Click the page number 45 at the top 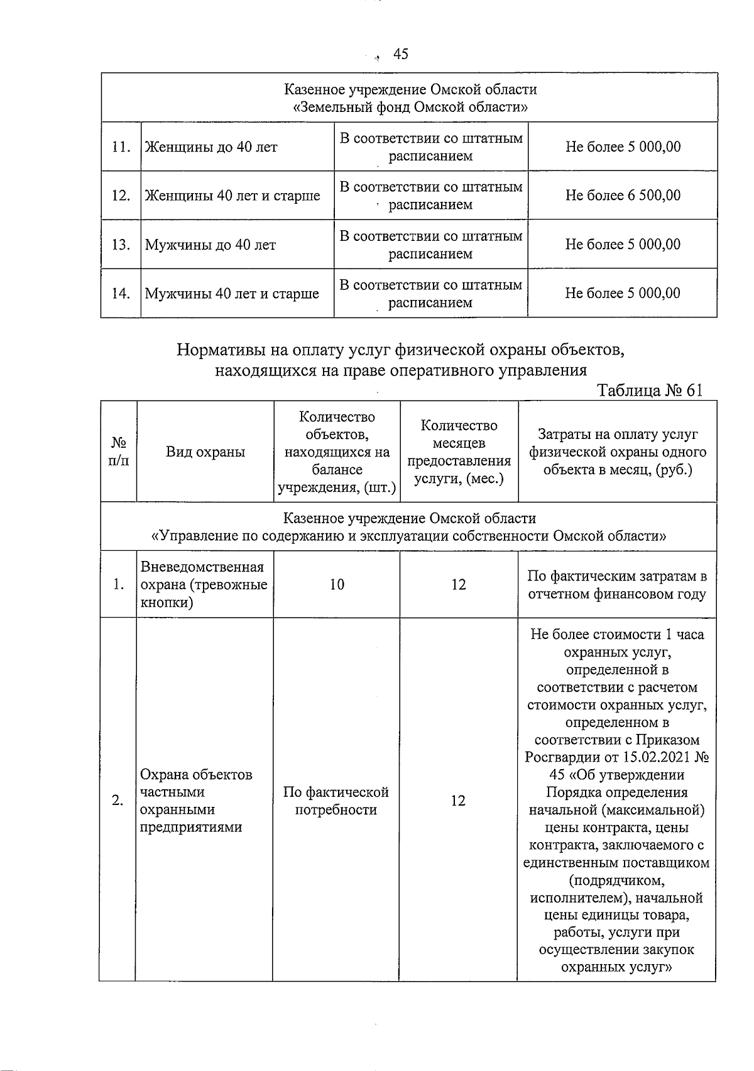point(400,55)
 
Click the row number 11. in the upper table point(121,147)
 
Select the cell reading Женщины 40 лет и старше point(232,196)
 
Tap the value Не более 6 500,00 point(623,196)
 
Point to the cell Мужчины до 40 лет point(210,245)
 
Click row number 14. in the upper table point(121,294)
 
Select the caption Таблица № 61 point(649,390)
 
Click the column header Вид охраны point(205,452)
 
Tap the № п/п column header point(118,452)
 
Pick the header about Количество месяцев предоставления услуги point(459,452)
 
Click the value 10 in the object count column point(337,585)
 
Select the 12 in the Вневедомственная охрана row point(459,585)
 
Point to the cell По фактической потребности point(336,801)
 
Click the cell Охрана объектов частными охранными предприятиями point(196,801)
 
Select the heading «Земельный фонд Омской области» point(410,107)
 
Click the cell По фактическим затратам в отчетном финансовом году point(617,585)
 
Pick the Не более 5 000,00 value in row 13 point(623,245)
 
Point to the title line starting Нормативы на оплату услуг point(401,350)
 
